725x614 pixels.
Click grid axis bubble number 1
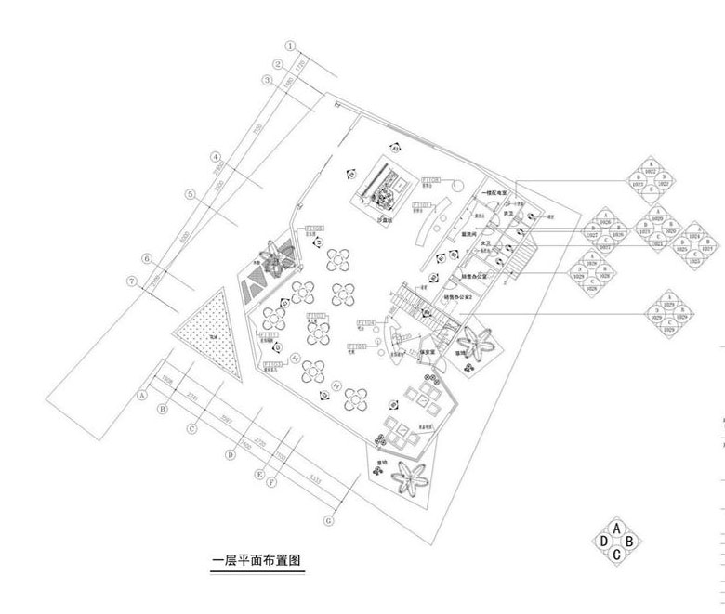(289, 45)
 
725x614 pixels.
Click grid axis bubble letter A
(142, 394)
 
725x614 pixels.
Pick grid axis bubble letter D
(230, 455)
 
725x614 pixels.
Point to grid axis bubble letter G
(328, 521)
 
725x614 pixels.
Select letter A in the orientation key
(616, 529)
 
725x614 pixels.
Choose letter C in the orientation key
(616, 555)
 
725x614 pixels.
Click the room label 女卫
(484, 242)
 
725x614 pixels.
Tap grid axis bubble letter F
(271, 483)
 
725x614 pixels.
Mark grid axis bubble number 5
(190, 194)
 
